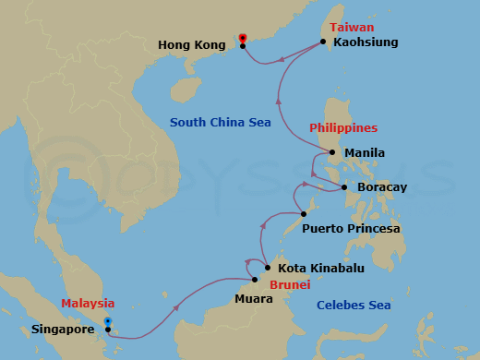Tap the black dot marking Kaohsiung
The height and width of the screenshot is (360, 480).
pyautogui.click(x=323, y=42)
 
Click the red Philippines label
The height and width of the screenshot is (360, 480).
pyautogui.click(x=343, y=127)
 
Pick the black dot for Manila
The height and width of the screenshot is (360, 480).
pyautogui.click(x=333, y=152)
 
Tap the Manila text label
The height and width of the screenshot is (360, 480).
pyautogui.click(x=364, y=152)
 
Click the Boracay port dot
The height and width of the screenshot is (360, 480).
pyautogui.click(x=345, y=187)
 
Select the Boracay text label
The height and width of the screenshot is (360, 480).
pyautogui.click(x=381, y=187)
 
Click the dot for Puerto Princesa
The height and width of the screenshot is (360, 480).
pyautogui.click(x=303, y=215)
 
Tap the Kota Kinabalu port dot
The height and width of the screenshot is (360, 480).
pyautogui.click(x=268, y=268)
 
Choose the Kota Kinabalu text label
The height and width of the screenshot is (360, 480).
pyautogui.click(x=321, y=268)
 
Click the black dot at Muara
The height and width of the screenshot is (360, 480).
pyautogui.click(x=255, y=280)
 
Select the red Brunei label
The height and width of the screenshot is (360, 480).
pyautogui.click(x=289, y=285)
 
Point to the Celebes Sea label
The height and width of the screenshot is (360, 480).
pyautogui.click(x=353, y=305)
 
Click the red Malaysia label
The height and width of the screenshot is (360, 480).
pyautogui.click(x=88, y=303)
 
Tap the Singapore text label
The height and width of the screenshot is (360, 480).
pyautogui.click(x=65, y=328)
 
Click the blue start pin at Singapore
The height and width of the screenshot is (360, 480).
pyautogui.click(x=108, y=322)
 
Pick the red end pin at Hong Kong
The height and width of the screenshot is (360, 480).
pyautogui.click(x=242, y=38)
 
